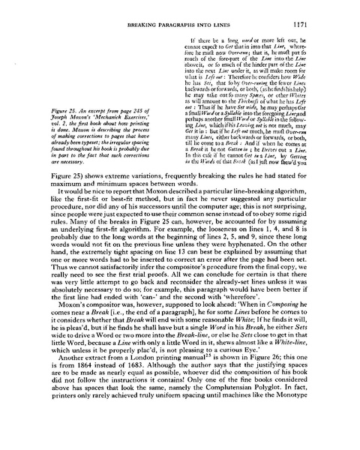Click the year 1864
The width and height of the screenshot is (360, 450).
pos(107,394)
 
